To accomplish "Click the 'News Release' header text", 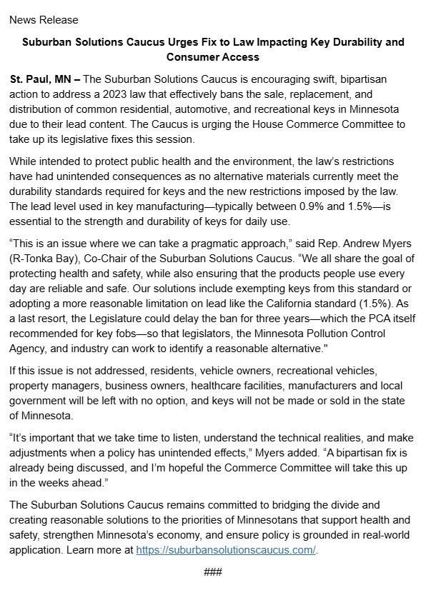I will [x=44, y=19].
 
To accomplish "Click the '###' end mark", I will [x=213, y=572].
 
